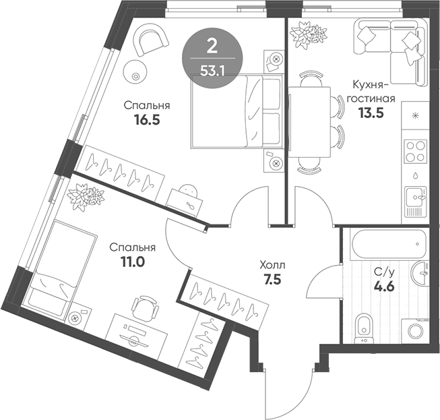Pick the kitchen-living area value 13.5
tap(370, 113)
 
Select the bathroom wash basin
tap(421, 271)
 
